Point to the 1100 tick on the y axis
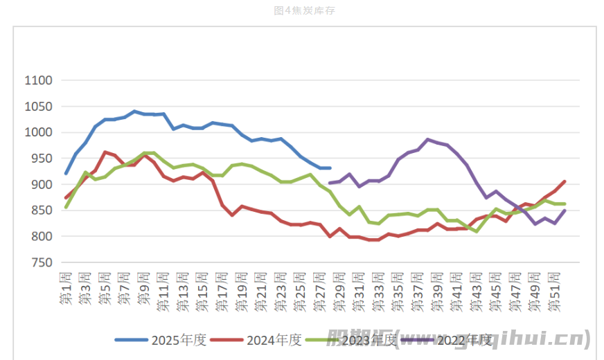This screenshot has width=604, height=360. click(38, 80)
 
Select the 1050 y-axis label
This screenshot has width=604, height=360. click(38, 107)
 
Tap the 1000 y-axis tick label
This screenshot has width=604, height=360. click(38, 132)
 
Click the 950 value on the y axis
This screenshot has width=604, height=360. click(41, 159)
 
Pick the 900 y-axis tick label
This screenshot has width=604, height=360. click(41, 184)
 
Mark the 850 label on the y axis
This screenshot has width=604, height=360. click(41, 210)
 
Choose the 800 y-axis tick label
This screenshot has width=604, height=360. click(41, 236)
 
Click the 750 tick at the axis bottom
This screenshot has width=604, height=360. click(41, 262)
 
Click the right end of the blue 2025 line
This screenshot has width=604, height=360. click(330, 168)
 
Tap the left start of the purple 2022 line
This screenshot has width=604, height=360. click(330, 183)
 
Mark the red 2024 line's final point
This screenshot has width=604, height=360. click(565, 181)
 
